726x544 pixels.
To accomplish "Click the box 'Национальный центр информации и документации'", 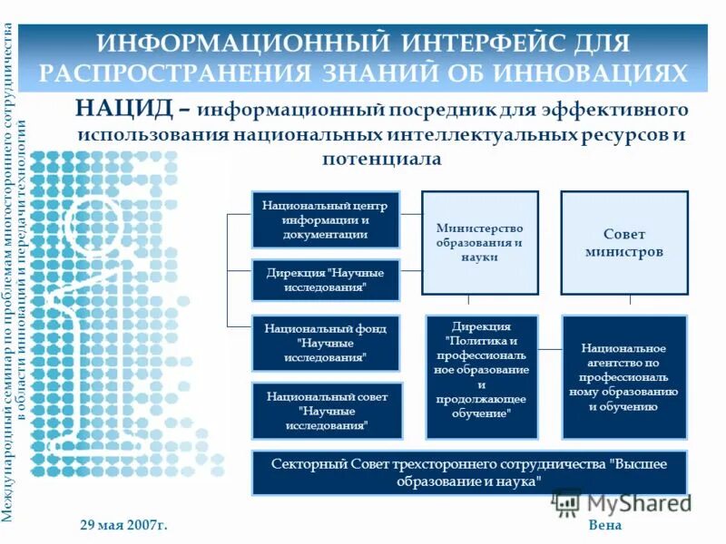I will pos(326,220).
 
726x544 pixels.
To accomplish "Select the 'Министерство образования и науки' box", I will pos(479,243).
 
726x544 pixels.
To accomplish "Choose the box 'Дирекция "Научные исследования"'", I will pos(326,279).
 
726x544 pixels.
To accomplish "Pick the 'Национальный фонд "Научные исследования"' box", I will pos(326,343).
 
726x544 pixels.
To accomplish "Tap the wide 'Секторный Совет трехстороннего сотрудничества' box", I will pos(469,472).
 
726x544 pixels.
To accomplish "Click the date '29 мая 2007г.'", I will pos(124,526).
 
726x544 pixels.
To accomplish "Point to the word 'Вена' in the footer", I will pos(604,526).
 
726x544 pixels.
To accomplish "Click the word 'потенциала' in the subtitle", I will pos(382,160).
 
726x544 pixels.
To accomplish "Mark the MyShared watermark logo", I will pos(621,502).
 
